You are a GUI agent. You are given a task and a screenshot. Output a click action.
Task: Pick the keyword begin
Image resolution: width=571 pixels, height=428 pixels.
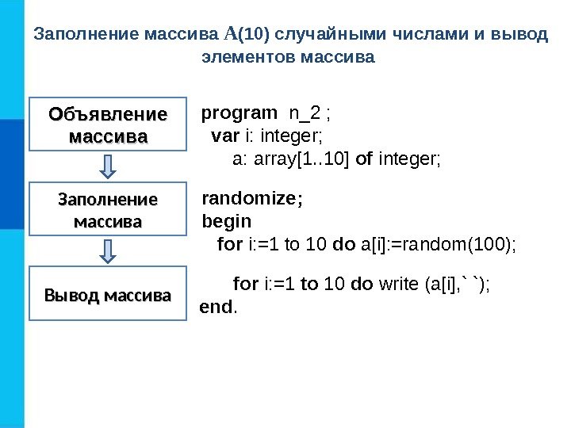(x=227, y=221)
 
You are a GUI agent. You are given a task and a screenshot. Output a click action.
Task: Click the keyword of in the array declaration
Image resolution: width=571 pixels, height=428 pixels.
(x=365, y=159)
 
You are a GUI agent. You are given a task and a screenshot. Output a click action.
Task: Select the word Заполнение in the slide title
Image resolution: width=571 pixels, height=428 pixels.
(x=86, y=35)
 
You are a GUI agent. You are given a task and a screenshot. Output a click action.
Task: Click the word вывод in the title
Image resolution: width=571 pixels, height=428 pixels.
(x=521, y=35)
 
